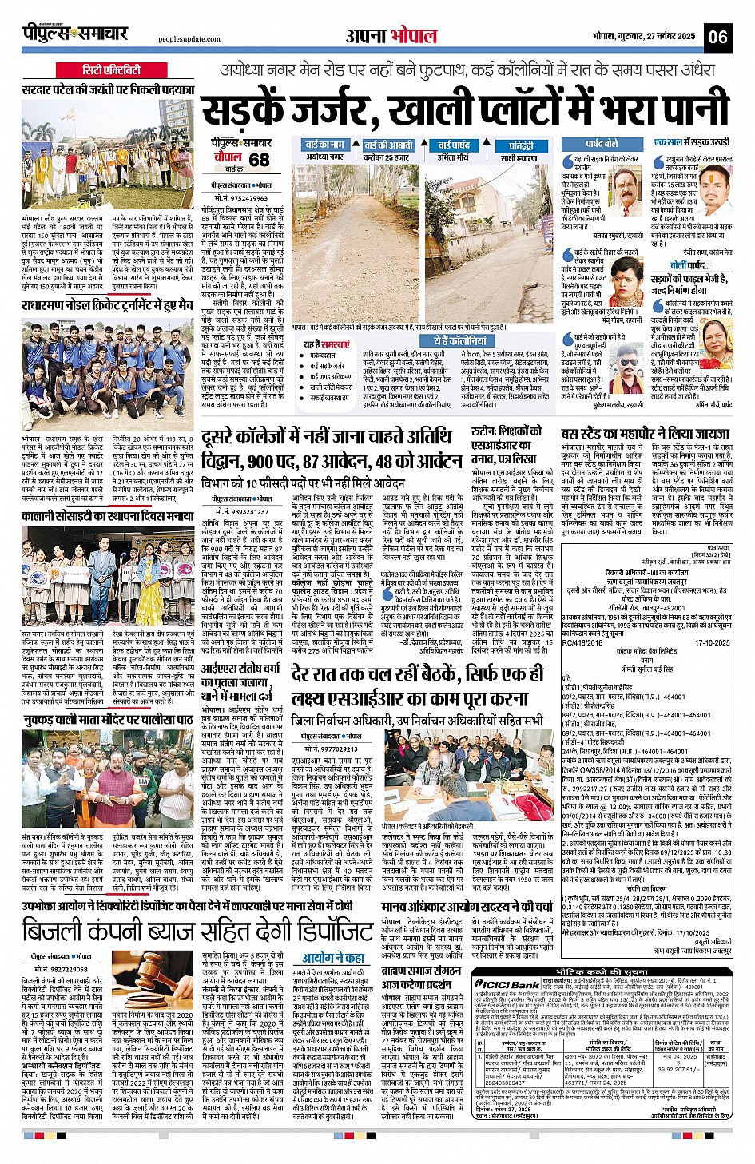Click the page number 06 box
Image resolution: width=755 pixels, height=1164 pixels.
(x=717, y=36)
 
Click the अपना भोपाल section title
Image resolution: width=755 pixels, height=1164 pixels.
(x=391, y=36)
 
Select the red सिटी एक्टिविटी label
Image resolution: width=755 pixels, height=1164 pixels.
(x=111, y=70)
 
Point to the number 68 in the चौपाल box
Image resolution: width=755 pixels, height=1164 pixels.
(x=259, y=159)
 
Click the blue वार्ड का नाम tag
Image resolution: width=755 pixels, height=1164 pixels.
(x=324, y=145)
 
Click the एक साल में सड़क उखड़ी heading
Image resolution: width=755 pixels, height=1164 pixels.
(x=691, y=142)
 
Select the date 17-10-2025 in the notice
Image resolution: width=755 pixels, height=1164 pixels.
(x=713, y=642)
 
